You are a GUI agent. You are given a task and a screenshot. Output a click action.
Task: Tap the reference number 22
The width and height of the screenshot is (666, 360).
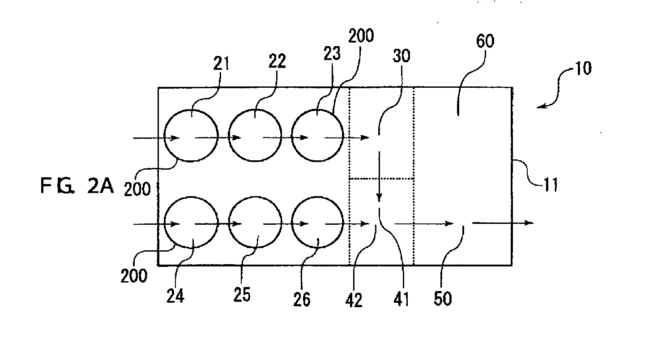277,61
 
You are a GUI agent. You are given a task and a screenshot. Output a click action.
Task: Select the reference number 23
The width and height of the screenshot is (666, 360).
332,54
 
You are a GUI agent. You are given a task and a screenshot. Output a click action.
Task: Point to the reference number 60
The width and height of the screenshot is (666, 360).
485,41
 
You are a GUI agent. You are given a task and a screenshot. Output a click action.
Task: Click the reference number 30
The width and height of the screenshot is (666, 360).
401,56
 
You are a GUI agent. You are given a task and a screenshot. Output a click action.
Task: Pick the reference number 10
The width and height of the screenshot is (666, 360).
584,69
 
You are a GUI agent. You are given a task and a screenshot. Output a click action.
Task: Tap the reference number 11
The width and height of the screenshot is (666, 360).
551,184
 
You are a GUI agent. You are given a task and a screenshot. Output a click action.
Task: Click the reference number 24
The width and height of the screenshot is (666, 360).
175,296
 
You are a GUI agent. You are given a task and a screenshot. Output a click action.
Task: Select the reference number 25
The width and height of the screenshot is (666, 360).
242,295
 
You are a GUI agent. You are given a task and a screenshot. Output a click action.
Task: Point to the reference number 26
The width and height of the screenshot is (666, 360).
302,299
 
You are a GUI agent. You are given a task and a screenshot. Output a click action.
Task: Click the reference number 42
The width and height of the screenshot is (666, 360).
354,300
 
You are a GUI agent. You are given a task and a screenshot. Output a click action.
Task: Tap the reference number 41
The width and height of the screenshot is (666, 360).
401,299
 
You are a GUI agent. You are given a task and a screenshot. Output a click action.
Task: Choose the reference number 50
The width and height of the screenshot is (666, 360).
443,298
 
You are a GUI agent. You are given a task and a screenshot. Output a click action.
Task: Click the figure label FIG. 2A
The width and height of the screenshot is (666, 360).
77,186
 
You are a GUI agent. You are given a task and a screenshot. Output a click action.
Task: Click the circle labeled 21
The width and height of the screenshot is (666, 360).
164,136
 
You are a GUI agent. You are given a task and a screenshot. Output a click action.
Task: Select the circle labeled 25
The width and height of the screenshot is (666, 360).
229,222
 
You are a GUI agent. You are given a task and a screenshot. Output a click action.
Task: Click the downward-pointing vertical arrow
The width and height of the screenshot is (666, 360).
379,176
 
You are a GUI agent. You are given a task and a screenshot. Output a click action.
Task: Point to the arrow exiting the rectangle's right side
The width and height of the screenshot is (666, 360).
503,223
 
